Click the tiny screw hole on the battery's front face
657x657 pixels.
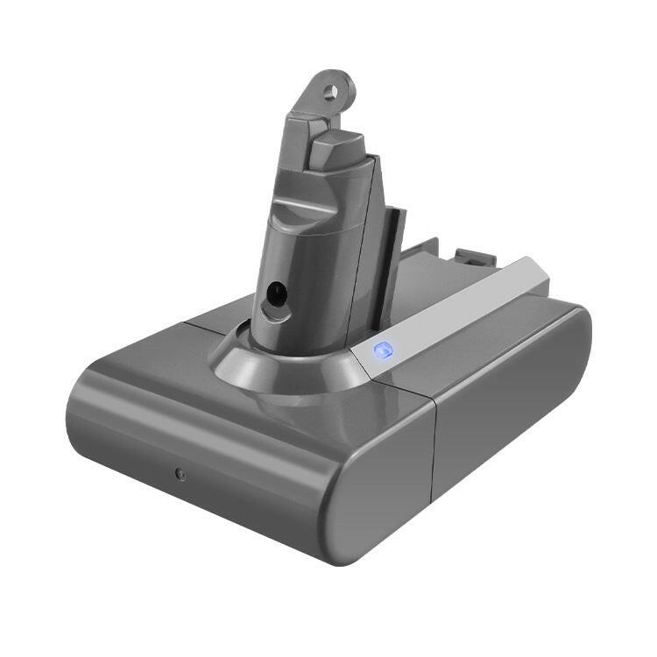tap(179, 473)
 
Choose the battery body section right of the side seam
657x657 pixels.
tap(508, 412)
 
